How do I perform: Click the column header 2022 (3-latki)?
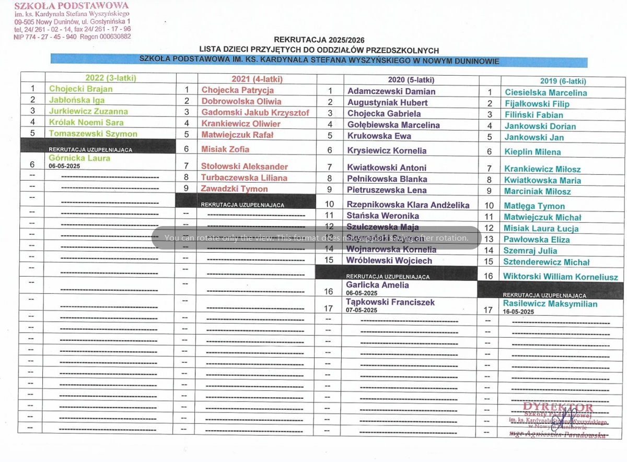point(111,78)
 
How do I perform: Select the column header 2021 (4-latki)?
point(256,79)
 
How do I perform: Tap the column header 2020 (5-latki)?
point(411,80)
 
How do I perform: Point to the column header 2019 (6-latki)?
point(563,81)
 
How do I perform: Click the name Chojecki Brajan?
point(80,89)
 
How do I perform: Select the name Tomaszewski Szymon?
point(93,134)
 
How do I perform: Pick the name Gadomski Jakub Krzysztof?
point(255,113)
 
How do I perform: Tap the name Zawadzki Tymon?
point(235,189)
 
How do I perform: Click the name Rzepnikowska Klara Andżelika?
point(408,205)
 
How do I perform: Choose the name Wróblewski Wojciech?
point(389,260)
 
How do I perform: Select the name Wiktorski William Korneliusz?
point(560,277)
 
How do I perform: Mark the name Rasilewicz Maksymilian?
point(550,304)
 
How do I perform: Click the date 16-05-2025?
point(518,312)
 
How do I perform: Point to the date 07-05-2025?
point(362,310)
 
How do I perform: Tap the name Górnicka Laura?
point(79,158)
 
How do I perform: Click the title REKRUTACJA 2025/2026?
point(319,40)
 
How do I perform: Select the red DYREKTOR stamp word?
point(558,408)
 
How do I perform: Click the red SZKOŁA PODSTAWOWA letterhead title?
point(72,6)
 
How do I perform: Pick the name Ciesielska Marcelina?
point(545,93)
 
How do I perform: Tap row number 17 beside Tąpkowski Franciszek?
point(329,309)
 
